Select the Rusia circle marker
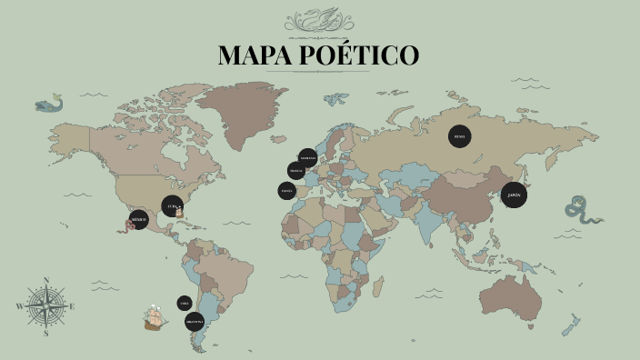(460, 137)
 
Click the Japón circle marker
(515, 195)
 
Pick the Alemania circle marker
(308, 157)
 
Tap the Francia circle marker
(296, 171)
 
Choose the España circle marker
(287, 191)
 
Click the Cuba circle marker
(172, 205)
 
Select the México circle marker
(138, 219)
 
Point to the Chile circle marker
(185, 303)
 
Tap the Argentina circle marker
(195, 322)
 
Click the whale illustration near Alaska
(49, 105)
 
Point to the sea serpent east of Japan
(580, 210)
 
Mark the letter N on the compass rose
(45, 280)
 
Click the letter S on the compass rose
(45, 334)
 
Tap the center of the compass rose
(45, 306)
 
